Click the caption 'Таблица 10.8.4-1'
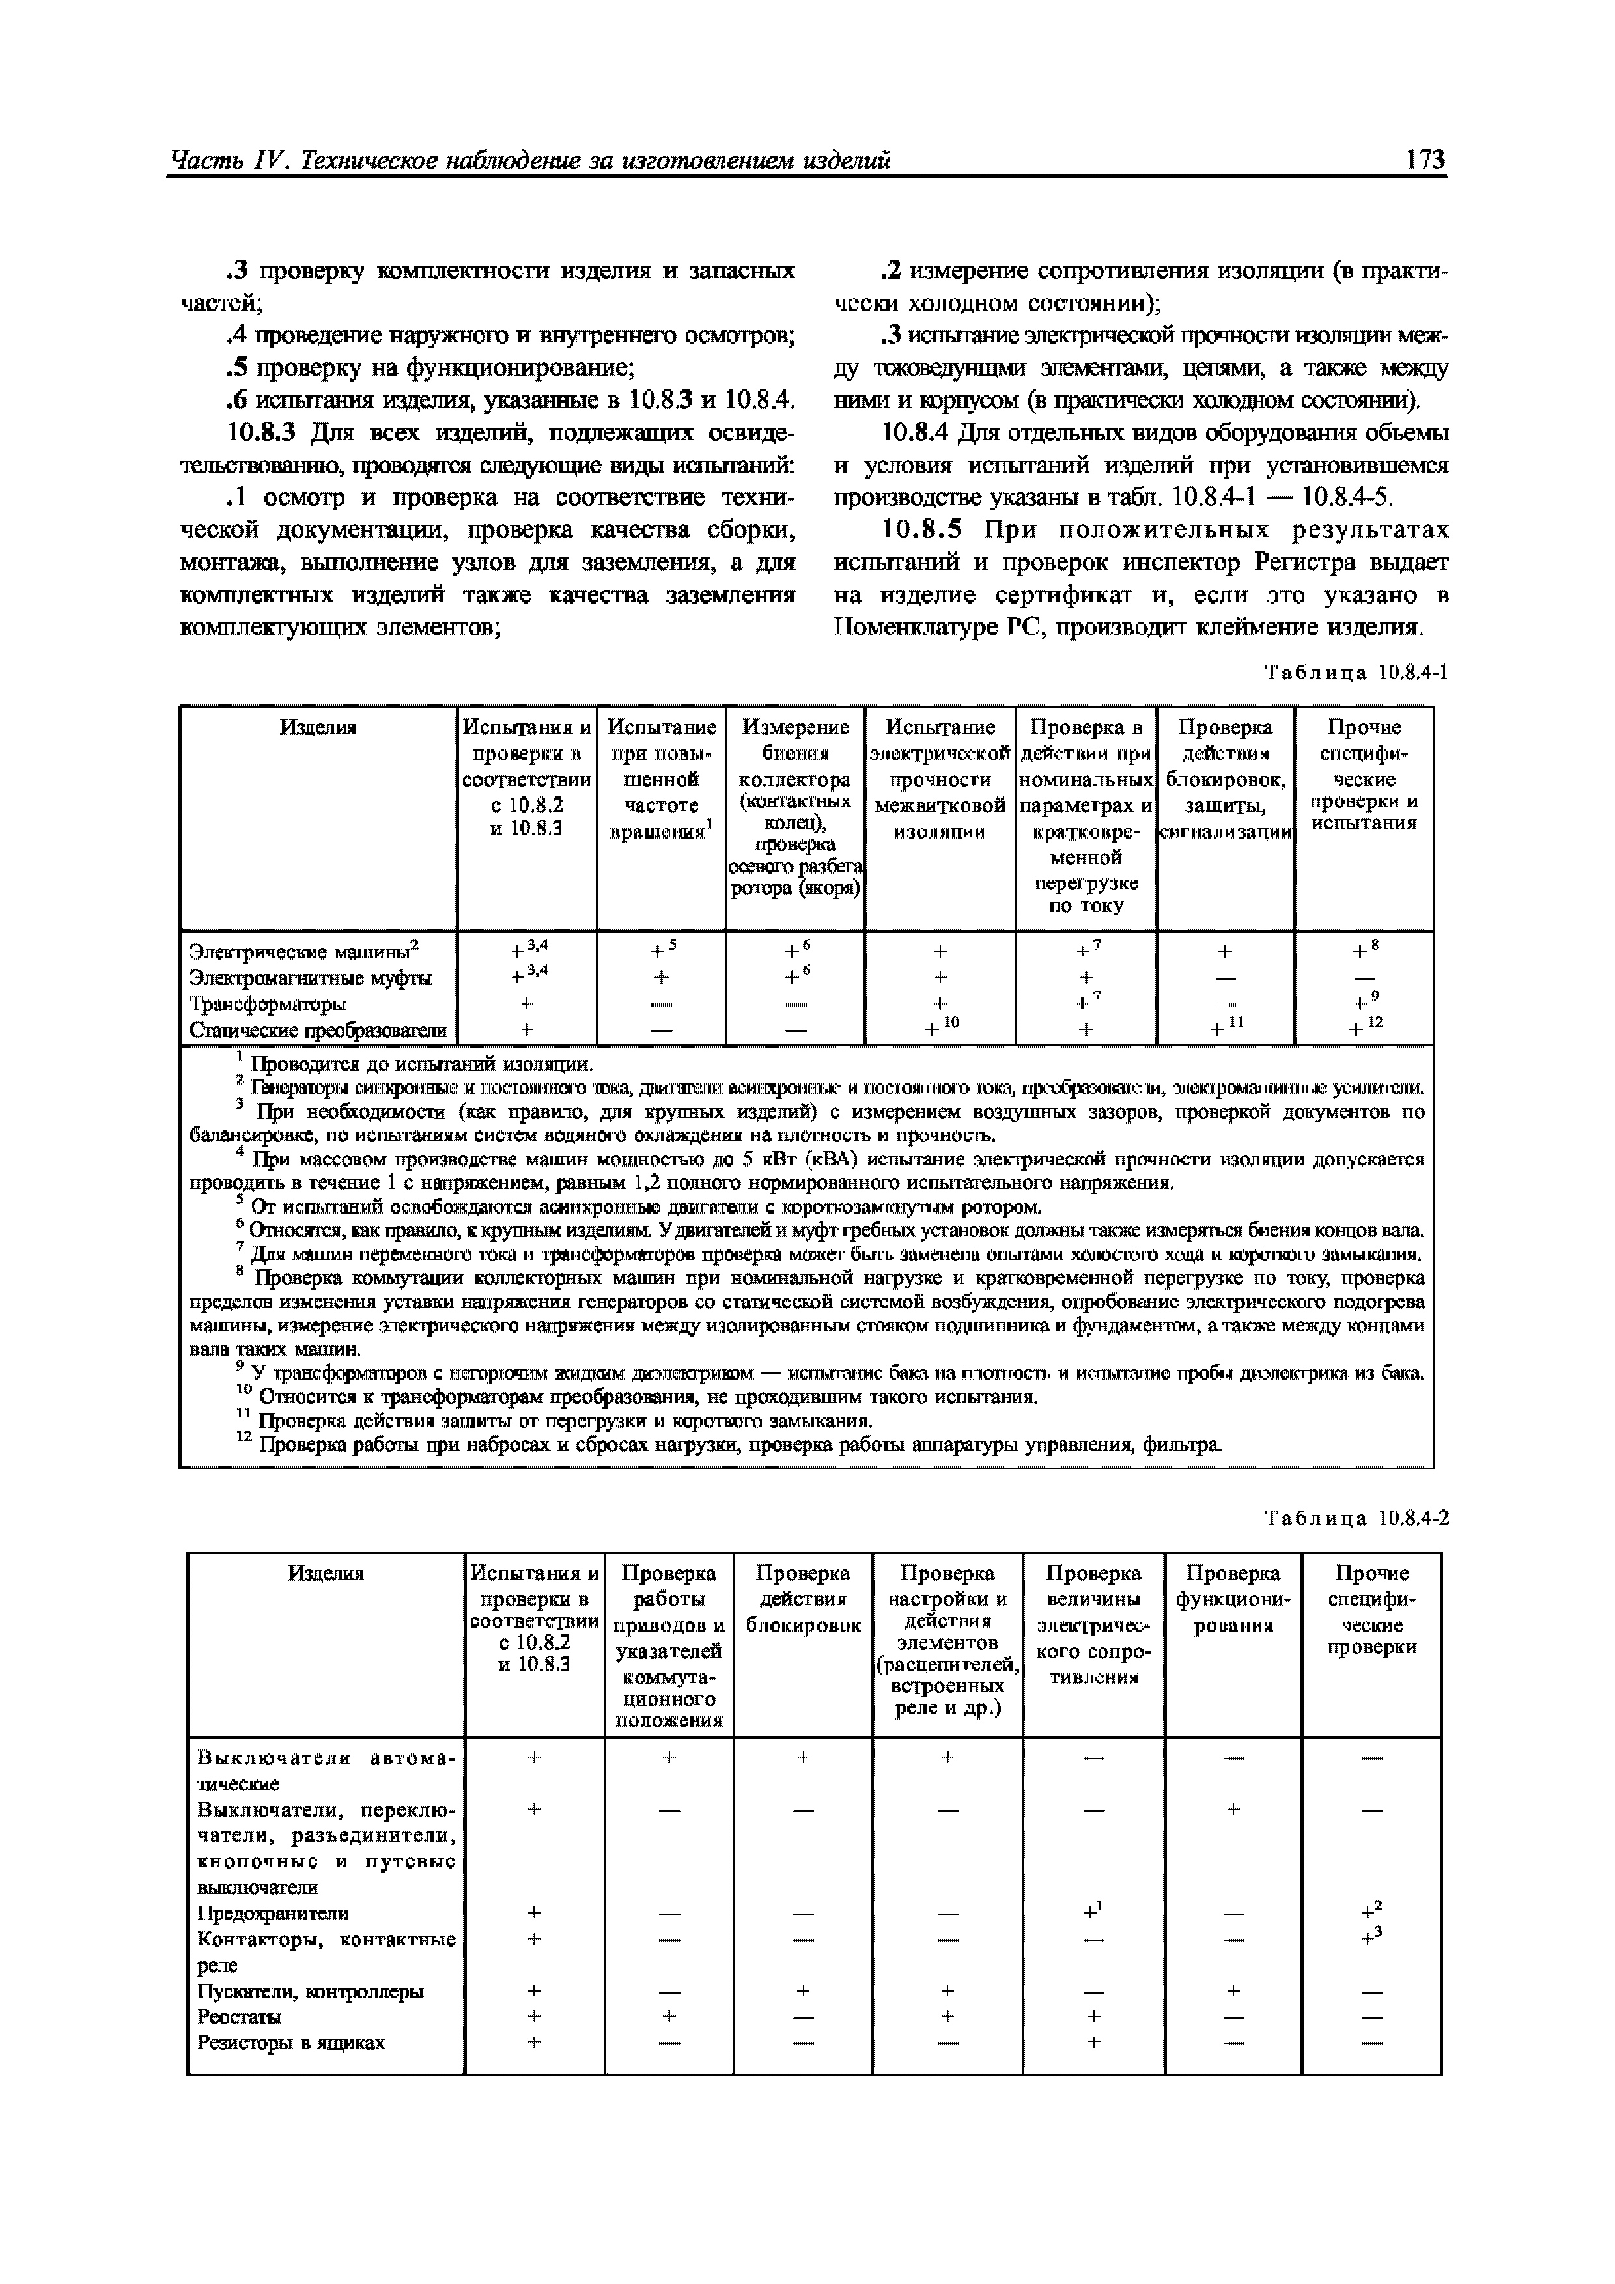pos(1355,673)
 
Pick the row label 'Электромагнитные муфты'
pos(311,978)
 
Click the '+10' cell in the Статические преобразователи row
pos(939,1029)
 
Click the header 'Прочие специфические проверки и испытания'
pos(1363,775)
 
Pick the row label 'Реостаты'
pos(239,2016)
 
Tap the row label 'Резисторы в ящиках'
pos(290,2042)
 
